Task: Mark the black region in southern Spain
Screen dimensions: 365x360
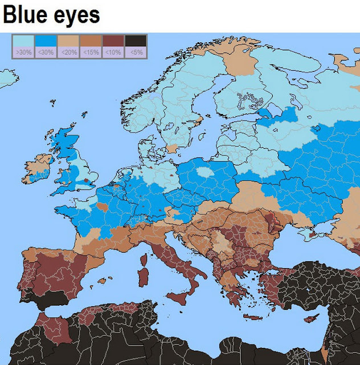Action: [x=39, y=299]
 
